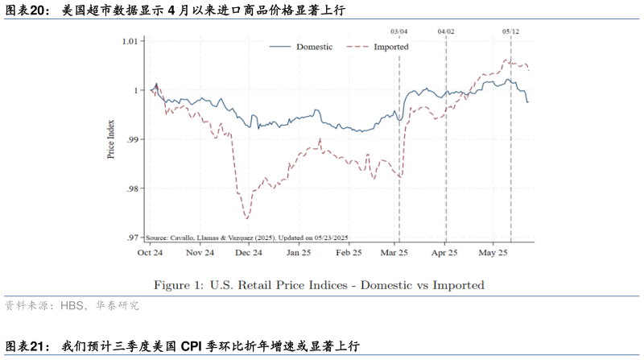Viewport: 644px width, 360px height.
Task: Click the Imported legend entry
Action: click(x=390, y=47)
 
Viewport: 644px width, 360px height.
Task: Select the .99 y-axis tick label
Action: click(x=131, y=139)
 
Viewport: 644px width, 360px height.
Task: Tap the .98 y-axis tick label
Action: click(x=131, y=188)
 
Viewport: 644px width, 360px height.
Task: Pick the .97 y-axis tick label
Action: click(x=131, y=238)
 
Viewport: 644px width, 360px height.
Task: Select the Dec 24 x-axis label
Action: click(x=249, y=252)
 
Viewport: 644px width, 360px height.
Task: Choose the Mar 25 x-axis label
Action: click(x=396, y=252)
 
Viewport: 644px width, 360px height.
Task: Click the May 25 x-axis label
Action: click(x=493, y=252)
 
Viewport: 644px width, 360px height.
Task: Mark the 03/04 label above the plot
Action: click(x=399, y=31)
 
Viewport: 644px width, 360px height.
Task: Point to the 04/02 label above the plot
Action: click(x=446, y=31)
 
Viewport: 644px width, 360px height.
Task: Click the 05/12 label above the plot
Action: click(x=510, y=31)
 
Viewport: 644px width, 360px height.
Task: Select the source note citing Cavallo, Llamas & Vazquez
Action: click(x=246, y=238)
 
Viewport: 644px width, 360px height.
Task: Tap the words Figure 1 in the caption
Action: click(x=181, y=285)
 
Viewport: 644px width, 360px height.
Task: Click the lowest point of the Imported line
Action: click(x=246, y=218)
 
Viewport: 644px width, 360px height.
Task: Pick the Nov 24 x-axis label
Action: click(x=199, y=252)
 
